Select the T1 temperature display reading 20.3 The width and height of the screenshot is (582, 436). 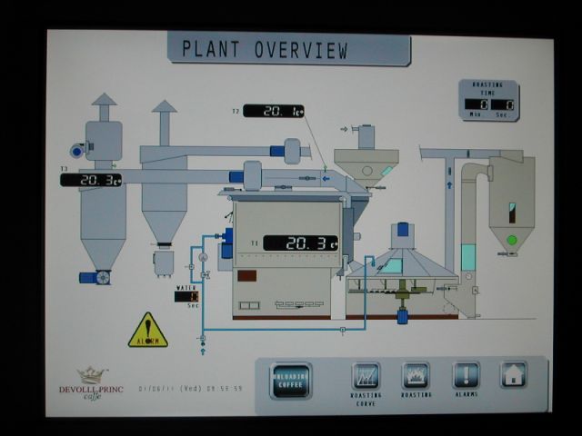click(x=300, y=243)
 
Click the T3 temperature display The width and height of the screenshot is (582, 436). click(x=91, y=180)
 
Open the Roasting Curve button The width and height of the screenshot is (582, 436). click(x=366, y=375)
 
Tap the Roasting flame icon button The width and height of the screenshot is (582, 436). click(x=416, y=375)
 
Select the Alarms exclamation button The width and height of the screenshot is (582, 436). click(x=466, y=375)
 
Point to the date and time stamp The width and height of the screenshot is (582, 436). click(x=191, y=388)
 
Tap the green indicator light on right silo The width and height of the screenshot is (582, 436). click(x=512, y=240)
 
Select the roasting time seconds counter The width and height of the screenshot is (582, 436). click(x=507, y=104)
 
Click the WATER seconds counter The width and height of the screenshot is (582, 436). click(x=192, y=296)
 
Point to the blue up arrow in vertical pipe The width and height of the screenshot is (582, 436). click(x=448, y=183)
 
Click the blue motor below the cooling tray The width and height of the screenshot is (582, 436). click(x=400, y=316)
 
